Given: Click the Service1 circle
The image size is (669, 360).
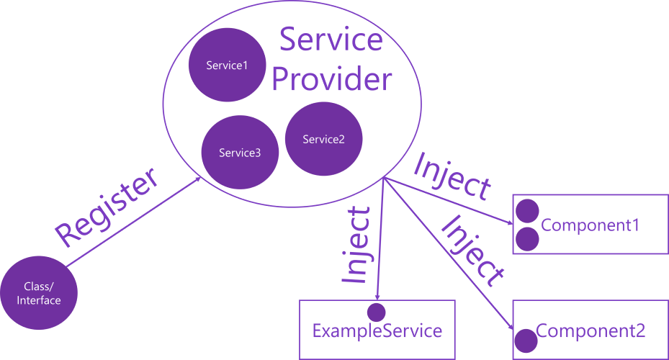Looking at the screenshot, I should pyautogui.click(x=227, y=66).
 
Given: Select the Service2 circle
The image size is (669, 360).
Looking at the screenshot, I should pyautogui.click(x=323, y=139).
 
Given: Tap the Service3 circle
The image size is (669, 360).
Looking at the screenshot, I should pyautogui.click(x=240, y=152).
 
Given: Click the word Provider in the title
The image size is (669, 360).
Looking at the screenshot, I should pyautogui.click(x=332, y=79).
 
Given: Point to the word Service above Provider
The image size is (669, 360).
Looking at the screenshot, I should pyautogui.click(x=331, y=40).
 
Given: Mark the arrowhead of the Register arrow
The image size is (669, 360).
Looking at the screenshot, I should pyautogui.click(x=198, y=180).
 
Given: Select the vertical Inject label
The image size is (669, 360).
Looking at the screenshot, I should pyautogui.click(x=357, y=245).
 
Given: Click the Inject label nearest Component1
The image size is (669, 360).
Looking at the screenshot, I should pyautogui.click(x=452, y=177).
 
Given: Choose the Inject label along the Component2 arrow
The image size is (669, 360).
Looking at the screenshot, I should pyautogui.click(x=472, y=251).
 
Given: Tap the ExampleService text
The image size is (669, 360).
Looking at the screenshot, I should pyautogui.click(x=377, y=331).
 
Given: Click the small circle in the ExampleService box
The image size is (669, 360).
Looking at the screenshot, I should pyautogui.click(x=376, y=312).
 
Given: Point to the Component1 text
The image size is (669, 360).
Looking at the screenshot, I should pyautogui.click(x=590, y=225).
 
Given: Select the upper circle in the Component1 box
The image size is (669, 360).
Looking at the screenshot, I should pyautogui.click(x=528, y=211).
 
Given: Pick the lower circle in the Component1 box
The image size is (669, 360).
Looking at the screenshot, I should pyautogui.click(x=528, y=239).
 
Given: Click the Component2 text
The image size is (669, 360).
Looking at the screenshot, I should pyautogui.click(x=591, y=331).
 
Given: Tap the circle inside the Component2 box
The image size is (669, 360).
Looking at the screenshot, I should pyautogui.click(x=526, y=338).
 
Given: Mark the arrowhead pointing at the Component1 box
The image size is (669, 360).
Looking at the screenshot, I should pyautogui.click(x=509, y=222).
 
